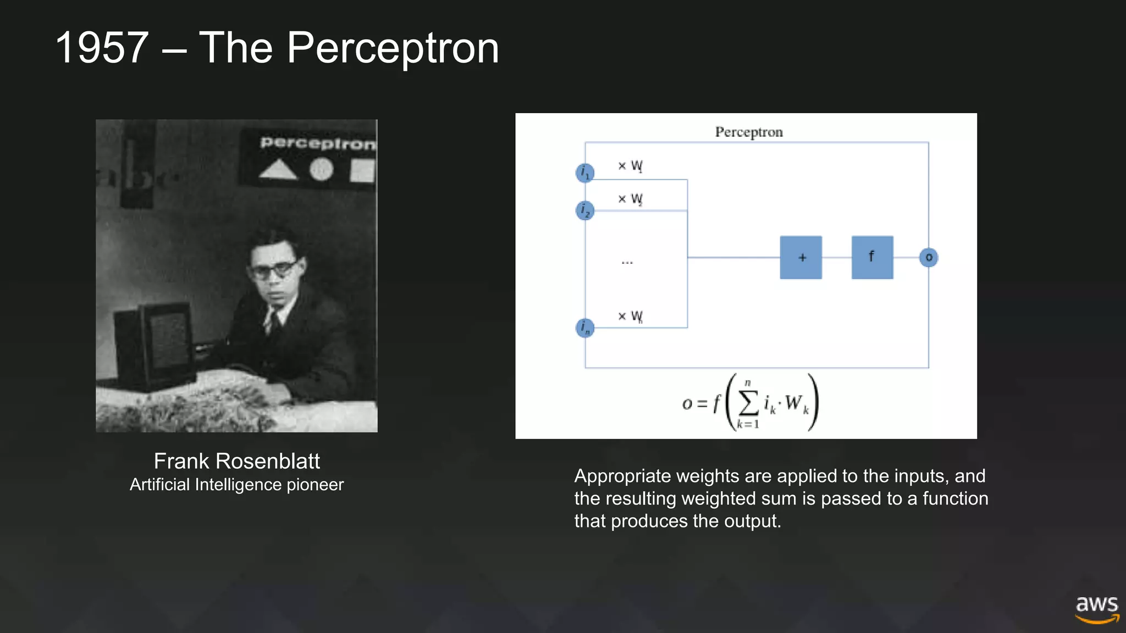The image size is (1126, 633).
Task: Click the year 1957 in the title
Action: coord(102,48)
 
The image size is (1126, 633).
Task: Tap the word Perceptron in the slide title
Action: coord(393,48)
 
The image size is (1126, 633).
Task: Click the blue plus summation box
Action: coord(801,257)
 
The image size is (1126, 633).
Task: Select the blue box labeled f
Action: coord(872,257)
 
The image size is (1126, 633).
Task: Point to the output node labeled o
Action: coord(929,257)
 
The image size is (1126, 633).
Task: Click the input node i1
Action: coord(585,173)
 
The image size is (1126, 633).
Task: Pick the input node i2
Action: coord(585,210)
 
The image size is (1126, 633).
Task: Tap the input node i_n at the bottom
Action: coord(585,328)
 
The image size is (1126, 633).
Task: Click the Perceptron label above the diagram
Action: coord(748,132)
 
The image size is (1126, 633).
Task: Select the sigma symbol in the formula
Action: coord(748,403)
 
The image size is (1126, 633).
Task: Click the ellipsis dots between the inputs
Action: coord(627,263)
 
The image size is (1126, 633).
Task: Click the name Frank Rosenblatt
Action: coord(236,461)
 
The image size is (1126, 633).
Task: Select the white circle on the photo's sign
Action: coord(322,169)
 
